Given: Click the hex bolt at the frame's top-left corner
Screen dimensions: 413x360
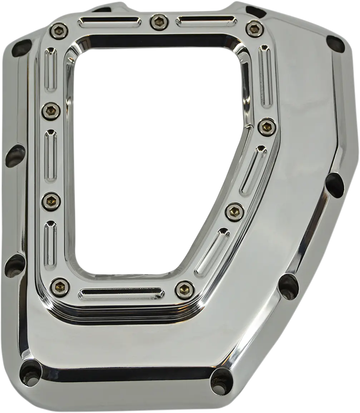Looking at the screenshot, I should tap(59, 31).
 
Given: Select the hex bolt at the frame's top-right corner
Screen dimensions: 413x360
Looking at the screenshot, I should tap(255, 29).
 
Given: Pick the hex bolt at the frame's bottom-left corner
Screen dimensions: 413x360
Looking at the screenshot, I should tap(60, 287).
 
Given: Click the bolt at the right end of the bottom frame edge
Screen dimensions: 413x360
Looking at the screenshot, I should tap(184, 290).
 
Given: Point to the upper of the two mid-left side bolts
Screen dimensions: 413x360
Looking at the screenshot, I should tap(51, 111).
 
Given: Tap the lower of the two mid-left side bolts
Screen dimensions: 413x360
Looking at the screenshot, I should tap(51, 201).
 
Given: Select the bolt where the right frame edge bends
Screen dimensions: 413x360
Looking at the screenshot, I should tap(267, 127).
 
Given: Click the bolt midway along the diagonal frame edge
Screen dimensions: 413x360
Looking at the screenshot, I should tap(235, 212).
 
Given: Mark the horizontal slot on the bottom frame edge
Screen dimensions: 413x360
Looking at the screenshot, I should tap(122, 294).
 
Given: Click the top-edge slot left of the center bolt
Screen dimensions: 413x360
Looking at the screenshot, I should tap(109, 23).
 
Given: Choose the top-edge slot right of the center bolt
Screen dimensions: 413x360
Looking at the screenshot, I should tap(206, 21).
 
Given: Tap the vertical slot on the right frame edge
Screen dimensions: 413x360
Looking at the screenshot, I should tap(265, 75).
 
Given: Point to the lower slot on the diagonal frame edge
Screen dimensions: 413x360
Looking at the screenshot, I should tap(212, 252).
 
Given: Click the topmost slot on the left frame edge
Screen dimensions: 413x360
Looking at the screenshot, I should tap(50, 69).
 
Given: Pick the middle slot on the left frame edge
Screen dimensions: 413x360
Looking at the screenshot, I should tap(50, 156).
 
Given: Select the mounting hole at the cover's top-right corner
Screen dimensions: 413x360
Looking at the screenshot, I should tap(335, 44).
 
